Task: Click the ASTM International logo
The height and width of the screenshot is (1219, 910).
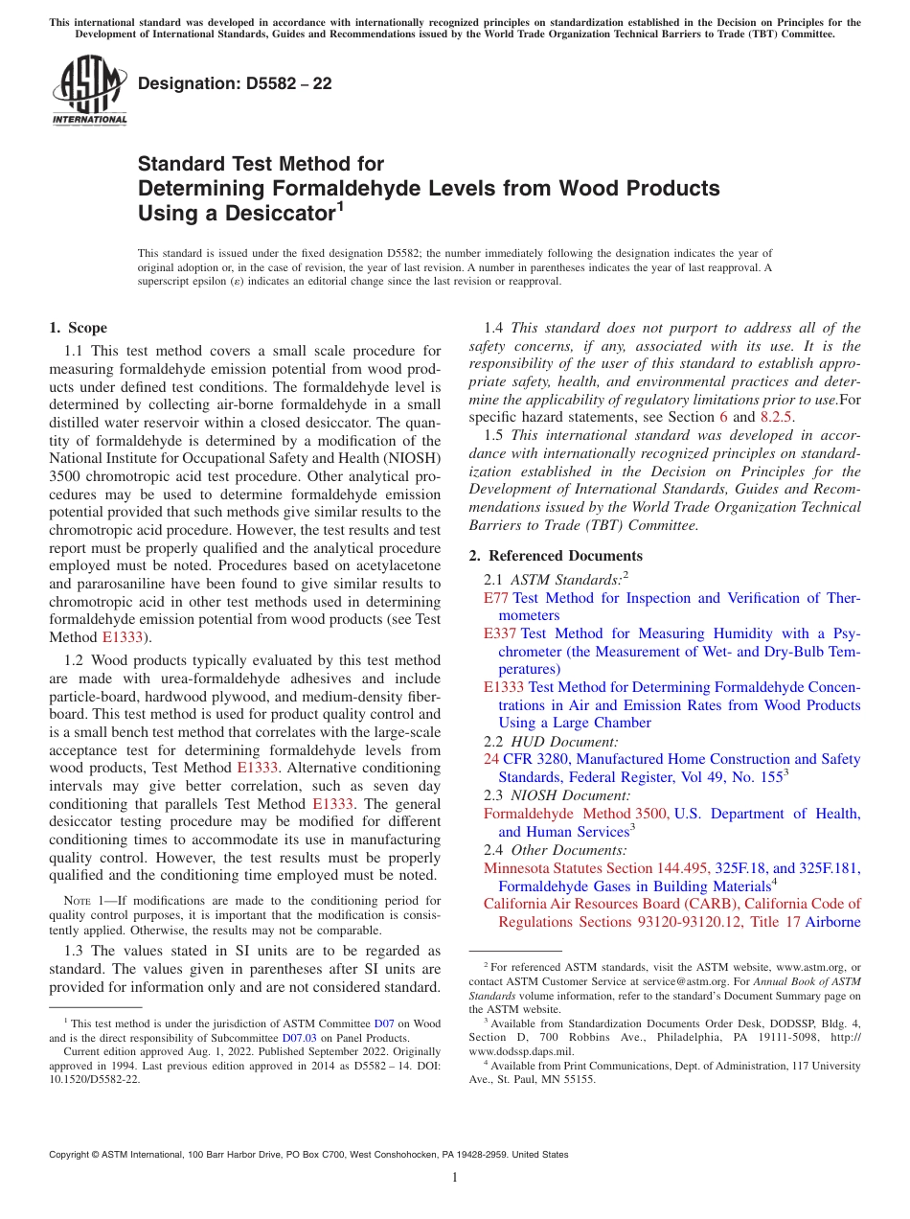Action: click(x=88, y=92)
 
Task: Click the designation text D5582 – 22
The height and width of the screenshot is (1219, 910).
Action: click(x=235, y=84)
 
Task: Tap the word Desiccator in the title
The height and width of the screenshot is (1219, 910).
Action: click(x=271, y=214)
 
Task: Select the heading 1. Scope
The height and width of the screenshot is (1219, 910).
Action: click(x=78, y=328)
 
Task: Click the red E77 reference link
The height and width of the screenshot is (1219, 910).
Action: click(x=497, y=598)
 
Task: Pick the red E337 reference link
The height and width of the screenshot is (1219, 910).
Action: click(x=500, y=633)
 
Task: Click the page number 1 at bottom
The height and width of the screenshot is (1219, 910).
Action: click(x=455, y=1178)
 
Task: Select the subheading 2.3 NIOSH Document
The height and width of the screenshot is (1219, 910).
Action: click(x=557, y=795)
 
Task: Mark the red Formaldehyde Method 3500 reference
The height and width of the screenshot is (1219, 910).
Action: click(x=576, y=814)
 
